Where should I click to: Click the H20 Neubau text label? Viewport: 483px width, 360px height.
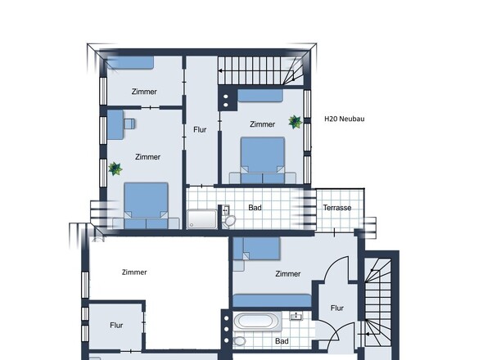coord(345,119)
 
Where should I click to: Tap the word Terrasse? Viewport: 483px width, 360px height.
coord(337,208)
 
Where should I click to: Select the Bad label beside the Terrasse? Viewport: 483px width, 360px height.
coord(255,208)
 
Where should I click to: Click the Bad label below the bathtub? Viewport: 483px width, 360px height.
coord(282,341)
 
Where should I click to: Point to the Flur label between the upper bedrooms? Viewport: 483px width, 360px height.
coord(200,129)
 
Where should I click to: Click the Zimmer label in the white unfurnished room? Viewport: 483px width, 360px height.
coord(134,272)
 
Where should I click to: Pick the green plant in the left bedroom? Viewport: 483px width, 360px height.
coord(115,169)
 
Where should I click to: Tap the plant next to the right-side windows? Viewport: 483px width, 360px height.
coord(295,122)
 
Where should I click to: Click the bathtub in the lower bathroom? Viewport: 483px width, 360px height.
coord(258,322)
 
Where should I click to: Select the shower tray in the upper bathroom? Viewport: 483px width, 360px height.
coord(201,219)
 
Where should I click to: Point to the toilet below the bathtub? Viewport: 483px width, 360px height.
coord(239,341)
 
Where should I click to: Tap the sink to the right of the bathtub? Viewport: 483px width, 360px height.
coord(296,316)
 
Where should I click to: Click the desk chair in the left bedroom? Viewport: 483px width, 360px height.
coord(129,124)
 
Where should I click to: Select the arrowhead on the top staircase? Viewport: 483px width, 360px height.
coord(220,71)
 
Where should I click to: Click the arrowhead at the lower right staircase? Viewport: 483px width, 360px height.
coord(367,334)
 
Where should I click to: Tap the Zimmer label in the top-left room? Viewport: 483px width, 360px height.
coord(144,92)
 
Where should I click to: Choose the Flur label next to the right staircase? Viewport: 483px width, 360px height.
coord(337,308)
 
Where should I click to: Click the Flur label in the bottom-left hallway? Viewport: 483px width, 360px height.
coord(116,325)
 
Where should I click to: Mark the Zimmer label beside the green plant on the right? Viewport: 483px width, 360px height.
coord(262,124)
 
